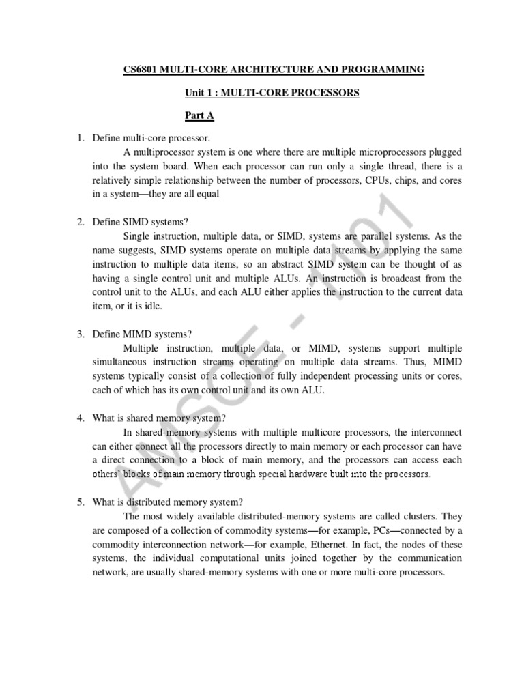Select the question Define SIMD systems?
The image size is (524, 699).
pyautogui.click(x=143, y=222)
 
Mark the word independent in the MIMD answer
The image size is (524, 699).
pyautogui.click(x=326, y=376)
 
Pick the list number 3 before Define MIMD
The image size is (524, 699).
pyautogui.click(x=80, y=334)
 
